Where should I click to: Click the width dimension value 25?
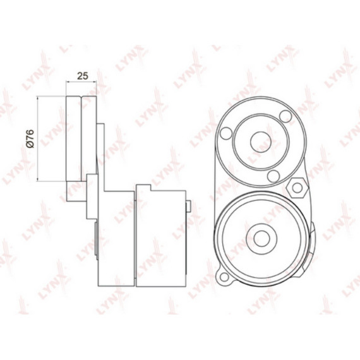tap(83, 76)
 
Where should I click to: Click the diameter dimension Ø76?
tap(30, 139)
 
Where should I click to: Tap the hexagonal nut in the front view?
tap(297, 188)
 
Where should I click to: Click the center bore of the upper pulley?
tap(261, 142)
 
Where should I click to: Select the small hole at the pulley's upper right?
tap(285, 116)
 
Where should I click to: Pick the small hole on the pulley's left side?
tap(226, 133)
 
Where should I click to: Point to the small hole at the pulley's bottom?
tap(273, 176)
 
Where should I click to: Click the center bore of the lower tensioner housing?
tap(261, 239)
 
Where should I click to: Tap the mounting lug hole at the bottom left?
tap(224, 277)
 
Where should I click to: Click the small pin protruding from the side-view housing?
tap(188, 206)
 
